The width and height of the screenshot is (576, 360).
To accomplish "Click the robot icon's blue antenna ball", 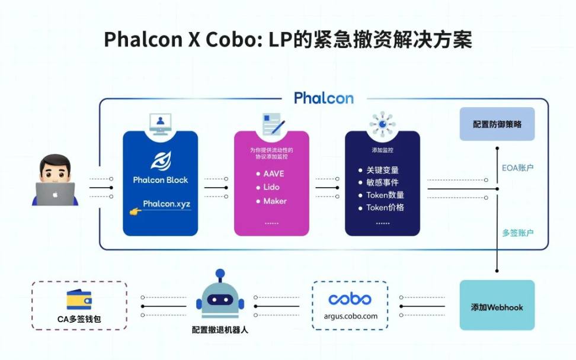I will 220,274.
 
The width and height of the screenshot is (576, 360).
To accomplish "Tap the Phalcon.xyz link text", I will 167,204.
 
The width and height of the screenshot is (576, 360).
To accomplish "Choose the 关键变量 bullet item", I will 382,170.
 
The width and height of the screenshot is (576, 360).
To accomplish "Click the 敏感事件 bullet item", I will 382,182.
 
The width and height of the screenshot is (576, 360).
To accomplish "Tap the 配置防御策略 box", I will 497,124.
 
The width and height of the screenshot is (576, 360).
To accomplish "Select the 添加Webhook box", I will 497,307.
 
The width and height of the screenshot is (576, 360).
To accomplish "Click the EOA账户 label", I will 518,168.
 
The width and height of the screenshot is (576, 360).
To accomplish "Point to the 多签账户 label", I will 518,233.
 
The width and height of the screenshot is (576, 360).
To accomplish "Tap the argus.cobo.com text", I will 350,316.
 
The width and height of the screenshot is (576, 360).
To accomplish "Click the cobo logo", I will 350,299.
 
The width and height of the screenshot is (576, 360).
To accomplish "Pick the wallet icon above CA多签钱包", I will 79,300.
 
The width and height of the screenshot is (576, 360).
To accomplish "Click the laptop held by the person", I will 55,193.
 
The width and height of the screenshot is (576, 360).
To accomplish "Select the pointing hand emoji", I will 136,210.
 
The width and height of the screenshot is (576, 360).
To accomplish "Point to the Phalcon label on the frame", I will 324,98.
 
